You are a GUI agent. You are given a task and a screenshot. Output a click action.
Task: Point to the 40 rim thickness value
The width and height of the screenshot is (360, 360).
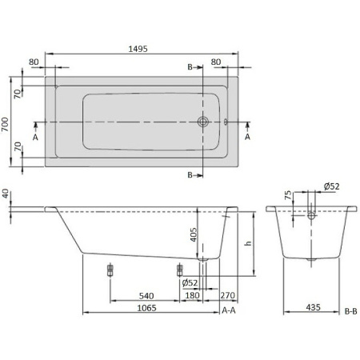(x=6, y=195)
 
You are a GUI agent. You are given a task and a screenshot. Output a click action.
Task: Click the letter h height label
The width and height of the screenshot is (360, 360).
(x=248, y=244)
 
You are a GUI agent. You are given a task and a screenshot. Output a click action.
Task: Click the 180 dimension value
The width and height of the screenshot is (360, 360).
(x=192, y=294)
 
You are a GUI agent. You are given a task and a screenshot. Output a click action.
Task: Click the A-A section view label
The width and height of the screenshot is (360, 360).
(x=228, y=310)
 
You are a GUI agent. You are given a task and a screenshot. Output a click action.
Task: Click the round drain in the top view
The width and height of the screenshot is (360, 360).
(x=203, y=122)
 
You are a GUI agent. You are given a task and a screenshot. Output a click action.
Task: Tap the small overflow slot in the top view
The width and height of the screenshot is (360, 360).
(x=226, y=122)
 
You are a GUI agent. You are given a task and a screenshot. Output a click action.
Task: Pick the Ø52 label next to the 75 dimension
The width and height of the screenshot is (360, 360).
(x=331, y=186)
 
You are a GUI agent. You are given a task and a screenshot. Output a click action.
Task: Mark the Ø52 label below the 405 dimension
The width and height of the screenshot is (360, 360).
(x=190, y=282)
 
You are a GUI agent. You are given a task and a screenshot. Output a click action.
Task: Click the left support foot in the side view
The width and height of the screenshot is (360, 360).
(x=110, y=270)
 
